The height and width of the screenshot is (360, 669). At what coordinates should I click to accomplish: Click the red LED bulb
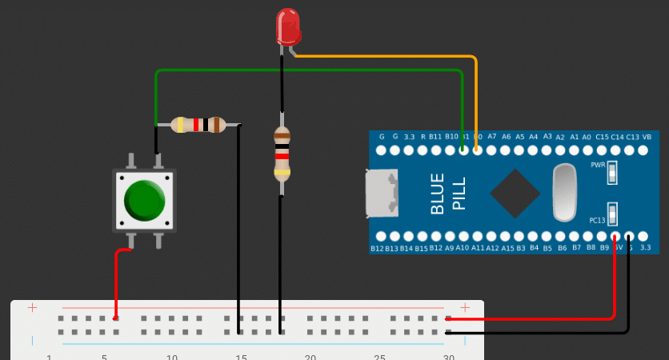[287, 26]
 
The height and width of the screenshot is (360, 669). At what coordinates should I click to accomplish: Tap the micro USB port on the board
[382, 194]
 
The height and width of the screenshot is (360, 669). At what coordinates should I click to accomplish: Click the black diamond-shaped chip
[514, 193]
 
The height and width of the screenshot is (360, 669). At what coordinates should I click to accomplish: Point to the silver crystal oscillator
[564, 193]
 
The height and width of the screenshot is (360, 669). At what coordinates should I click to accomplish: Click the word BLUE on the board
[438, 194]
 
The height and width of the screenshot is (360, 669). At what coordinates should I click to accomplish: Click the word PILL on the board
[459, 194]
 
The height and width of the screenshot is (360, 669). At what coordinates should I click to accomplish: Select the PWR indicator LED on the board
[613, 171]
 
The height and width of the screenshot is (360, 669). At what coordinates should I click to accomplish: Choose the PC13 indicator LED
[613, 214]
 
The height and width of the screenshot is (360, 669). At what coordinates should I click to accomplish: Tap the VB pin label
[647, 137]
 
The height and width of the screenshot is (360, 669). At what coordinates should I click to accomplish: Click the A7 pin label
[492, 137]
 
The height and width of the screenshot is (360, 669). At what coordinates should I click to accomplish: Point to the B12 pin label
[377, 249]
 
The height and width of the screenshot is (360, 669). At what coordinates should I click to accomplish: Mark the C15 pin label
[602, 137]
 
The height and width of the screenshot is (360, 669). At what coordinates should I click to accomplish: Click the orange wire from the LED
[475, 88]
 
